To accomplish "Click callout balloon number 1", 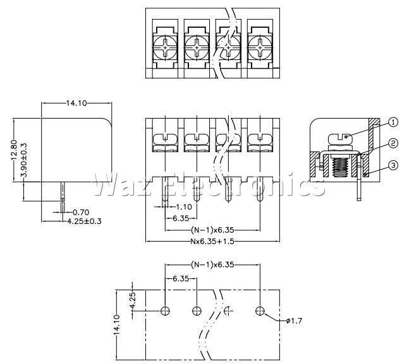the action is [393, 122].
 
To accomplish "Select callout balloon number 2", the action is [393, 143].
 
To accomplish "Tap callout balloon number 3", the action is [393, 165].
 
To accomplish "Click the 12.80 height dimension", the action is [14, 150].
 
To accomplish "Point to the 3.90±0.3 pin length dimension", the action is [24, 160].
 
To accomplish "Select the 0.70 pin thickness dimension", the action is [81, 212].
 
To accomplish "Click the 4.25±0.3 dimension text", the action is [84, 221].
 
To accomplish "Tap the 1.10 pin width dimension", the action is [184, 207].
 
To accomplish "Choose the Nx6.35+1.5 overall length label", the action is [212, 242].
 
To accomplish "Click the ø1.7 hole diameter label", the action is [294, 320].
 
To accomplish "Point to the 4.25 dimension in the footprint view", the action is [133, 300].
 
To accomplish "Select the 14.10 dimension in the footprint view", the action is [117, 326].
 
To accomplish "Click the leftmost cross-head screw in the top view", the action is [165, 48].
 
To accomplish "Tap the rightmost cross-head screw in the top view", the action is [260, 48].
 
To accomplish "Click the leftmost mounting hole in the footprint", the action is [165, 311].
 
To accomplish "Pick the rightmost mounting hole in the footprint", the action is [260, 311].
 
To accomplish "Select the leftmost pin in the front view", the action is [165, 189].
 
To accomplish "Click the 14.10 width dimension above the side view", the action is [76, 103].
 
